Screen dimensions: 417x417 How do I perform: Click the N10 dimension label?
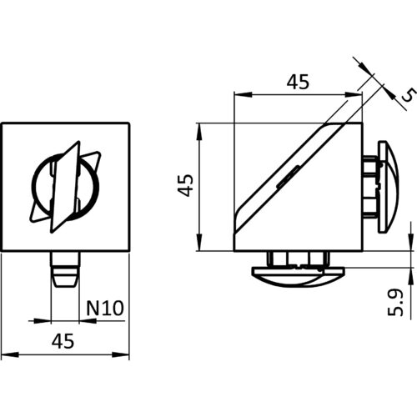point(105,308)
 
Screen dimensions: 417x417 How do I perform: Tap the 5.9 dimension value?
point(395,302)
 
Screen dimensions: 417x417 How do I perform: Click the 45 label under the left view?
point(63,341)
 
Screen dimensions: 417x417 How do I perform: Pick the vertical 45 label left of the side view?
point(185,185)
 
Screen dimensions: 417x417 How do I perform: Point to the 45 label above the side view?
point(298,82)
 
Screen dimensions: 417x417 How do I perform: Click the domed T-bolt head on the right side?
point(389,187)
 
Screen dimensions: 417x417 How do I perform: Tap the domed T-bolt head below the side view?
point(298,277)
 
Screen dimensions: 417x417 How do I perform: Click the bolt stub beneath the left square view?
point(66,269)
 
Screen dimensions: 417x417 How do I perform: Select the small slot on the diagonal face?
point(289,177)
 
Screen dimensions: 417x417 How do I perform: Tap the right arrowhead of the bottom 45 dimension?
point(121,354)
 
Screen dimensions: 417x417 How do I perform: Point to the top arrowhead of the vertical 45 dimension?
point(199,132)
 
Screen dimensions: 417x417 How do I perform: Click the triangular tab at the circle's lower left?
point(40,213)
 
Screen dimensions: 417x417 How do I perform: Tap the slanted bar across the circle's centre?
point(65,187)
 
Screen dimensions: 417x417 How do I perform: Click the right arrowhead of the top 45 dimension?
point(354,95)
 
